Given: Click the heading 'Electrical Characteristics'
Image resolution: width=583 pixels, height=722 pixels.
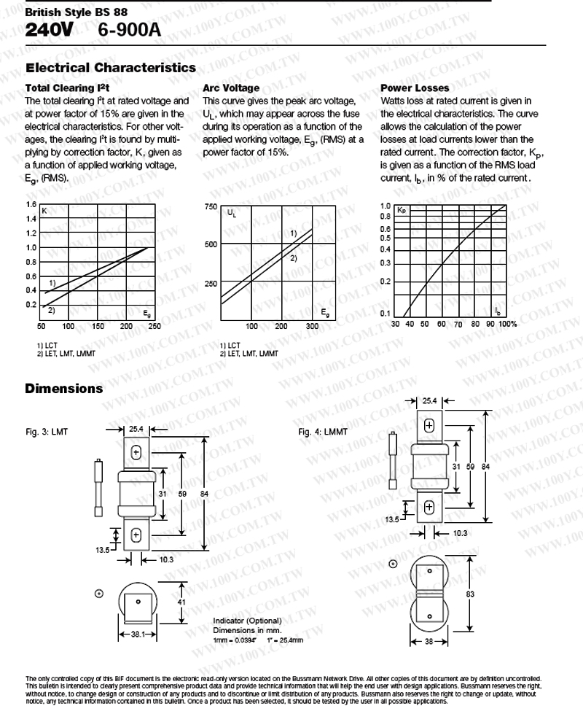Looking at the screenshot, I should click(x=111, y=68).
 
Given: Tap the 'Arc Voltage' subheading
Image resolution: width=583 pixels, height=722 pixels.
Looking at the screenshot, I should click(x=231, y=88).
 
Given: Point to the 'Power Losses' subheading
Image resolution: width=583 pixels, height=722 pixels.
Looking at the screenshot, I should click(x=415, y=88).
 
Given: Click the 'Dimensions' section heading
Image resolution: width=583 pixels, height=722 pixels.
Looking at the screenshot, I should click(x=64, y=389).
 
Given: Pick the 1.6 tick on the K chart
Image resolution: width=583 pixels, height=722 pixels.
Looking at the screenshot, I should click(x=31, y=205).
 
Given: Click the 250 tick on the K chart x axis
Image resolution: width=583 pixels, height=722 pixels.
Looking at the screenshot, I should click(x=154, y=327).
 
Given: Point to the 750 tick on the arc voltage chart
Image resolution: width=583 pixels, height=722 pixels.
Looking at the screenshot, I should click(x=211, y=207).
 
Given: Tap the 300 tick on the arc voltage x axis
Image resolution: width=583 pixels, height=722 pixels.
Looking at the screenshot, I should click(x=312, y=327).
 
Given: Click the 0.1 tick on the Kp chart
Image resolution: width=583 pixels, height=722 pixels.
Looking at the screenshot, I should click(x=385, y=314).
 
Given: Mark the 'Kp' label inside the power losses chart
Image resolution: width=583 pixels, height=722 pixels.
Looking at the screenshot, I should click(x=402, y=210).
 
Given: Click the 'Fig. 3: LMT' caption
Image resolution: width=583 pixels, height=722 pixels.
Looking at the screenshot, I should click(x=46, y=432).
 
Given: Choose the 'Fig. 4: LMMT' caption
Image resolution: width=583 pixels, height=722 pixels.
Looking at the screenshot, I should click(x=323, y=432).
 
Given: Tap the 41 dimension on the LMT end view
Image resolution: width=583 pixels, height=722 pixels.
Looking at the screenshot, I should click(x=181, y=602).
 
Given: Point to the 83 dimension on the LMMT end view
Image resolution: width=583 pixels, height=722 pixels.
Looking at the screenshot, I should click(x=470, y=594).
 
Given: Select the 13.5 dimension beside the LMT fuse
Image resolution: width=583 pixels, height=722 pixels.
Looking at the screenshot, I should click(x=103, y=550).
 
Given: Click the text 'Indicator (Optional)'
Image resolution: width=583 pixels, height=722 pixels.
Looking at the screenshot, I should click(x=246, y=621).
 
